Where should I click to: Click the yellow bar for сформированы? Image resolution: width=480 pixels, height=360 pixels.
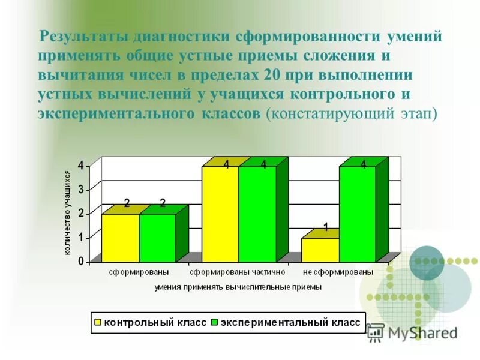[120, 238]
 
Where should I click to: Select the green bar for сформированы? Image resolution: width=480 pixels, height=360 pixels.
[157, 238]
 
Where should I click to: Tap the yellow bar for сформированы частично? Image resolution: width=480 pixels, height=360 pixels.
[220, 214]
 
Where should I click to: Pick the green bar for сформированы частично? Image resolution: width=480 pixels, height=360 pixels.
[257, 214]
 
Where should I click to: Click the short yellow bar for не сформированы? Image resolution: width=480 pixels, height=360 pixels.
[320, 250]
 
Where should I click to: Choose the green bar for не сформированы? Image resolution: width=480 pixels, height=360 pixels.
[357, 214]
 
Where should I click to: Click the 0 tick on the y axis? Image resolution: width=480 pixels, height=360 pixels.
[80, 262]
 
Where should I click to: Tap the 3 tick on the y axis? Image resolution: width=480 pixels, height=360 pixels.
[80, 190]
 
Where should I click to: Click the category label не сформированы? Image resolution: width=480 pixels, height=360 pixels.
[338, 272]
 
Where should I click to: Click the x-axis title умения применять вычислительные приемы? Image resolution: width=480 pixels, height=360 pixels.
[238, 287]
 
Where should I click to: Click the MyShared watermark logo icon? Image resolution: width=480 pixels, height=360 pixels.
[376, 332]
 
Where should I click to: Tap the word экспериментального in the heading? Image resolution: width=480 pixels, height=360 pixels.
[113, 115]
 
